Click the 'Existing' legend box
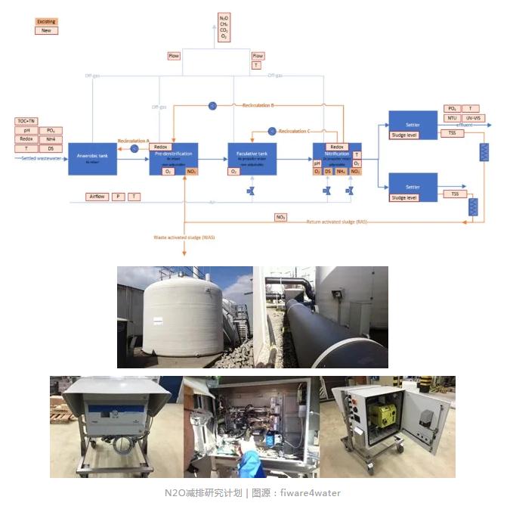click(46, 21)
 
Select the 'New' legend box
click(46, 30)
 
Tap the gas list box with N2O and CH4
click(224, 27)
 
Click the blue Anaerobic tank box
click(92, 159)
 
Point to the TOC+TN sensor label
click(26, 121)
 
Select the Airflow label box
click(97, 197)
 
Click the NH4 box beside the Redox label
click(51, 140)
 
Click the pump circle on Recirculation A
click(134, 149)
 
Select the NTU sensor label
click(451, 118)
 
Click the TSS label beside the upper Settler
click(452, 133)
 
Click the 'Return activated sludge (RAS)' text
click(337, 222)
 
